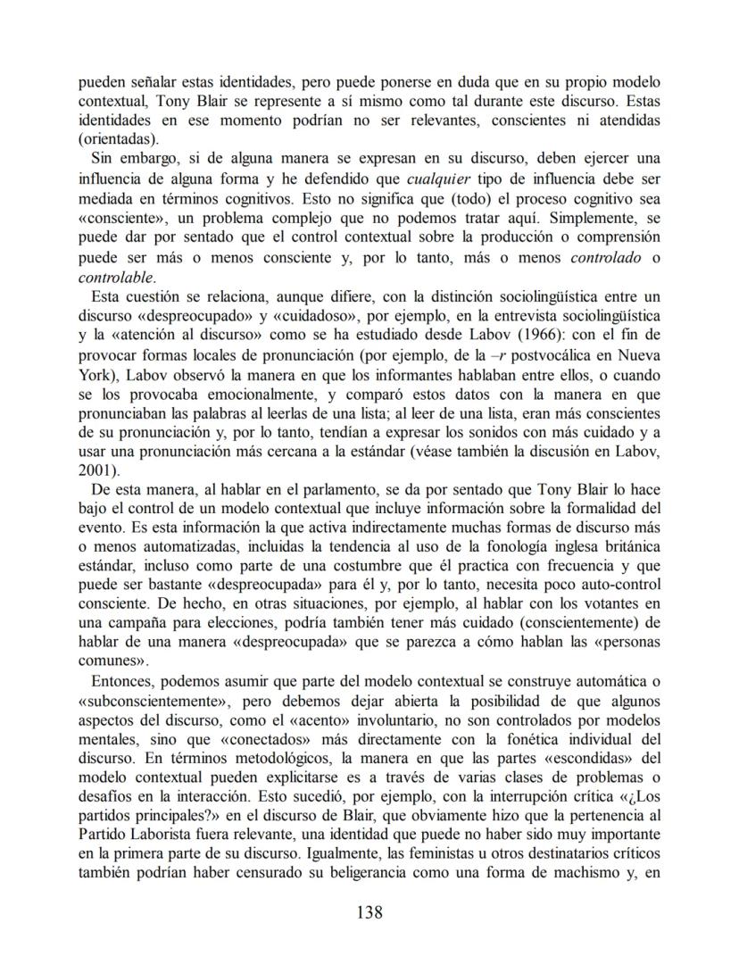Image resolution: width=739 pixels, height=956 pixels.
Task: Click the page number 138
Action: [369, 911]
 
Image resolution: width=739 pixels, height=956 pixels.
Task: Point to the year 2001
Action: [95, 470]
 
